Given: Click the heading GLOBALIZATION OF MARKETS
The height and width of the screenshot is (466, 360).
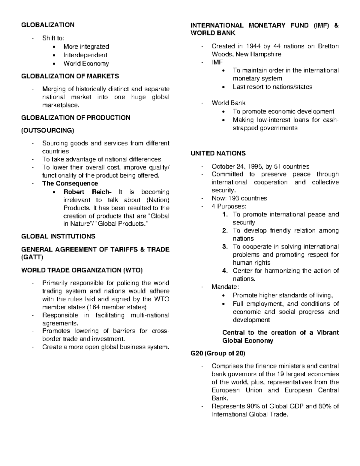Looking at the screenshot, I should coord(70,76).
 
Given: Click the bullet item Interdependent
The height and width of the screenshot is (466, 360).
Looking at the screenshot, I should coord(85,55).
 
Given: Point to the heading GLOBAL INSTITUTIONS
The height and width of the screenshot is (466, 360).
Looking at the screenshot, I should coord(58,236).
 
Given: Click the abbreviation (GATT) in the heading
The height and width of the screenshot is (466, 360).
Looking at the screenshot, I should coord(32,257).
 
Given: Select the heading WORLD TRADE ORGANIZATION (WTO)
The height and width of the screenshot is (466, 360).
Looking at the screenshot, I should coord(82,270).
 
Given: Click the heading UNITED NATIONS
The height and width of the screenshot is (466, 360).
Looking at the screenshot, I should coord(218,153).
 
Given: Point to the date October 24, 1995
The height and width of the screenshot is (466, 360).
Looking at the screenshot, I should coord(236,167).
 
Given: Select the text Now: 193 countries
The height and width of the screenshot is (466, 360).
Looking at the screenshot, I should coord(239,198).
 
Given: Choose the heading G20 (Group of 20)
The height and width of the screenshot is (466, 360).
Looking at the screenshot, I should coord(218,353).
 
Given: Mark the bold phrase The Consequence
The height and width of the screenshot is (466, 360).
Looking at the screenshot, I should coord(70,184).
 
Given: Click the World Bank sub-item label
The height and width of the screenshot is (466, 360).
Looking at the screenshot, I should coord(228,103).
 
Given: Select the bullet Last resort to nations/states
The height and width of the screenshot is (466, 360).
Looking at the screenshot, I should coord(272,87).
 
